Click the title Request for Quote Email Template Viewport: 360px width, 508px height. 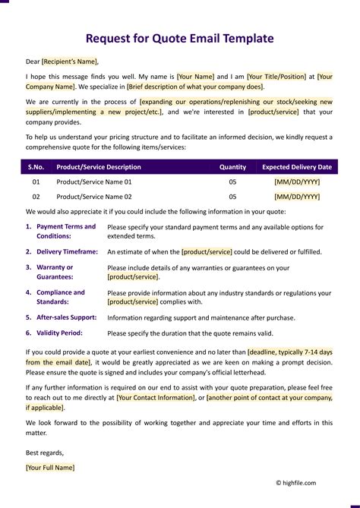coord(179,39)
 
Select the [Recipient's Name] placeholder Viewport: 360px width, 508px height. coord(70,62)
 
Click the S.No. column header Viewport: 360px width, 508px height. coord(36,167)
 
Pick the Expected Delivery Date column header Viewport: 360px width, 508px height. coord(297,167)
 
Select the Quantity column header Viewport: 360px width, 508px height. coord(232,167)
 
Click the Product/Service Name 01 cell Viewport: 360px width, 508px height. coord(94,182)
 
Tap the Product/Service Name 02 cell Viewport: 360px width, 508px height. coord(94,197)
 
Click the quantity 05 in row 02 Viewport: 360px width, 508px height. coord(232,197)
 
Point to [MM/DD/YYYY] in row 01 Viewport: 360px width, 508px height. coord(297,182)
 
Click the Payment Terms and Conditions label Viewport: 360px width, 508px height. coord(66,231)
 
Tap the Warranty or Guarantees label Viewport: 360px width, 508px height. coord(55,272)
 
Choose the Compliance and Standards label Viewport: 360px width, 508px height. coord(61,297)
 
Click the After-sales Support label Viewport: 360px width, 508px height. coord(66,317)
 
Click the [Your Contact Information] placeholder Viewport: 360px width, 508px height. coord(156,396)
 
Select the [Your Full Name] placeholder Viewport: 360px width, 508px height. coord(50,468)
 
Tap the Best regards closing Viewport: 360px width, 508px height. coord(45,453)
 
